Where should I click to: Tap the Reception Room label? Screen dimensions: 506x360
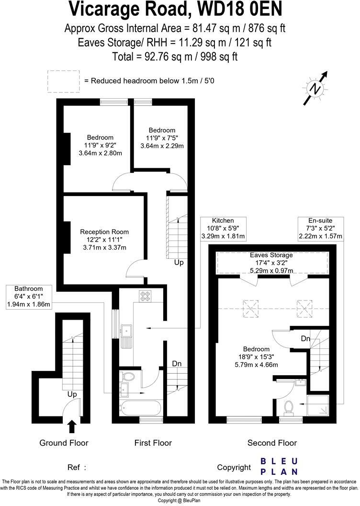tap(104, 232)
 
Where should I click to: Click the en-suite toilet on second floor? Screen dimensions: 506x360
tap(289, 407)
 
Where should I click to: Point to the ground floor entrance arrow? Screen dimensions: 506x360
tap(72, 426)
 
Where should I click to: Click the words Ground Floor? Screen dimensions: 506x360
tap(64, 443)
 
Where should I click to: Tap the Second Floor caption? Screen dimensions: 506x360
tap(272, 443)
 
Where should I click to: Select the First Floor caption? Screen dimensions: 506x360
tap(152, 443)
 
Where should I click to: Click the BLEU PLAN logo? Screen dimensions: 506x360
tap(279, 466)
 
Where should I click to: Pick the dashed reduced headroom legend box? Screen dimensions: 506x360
tap(63, 81)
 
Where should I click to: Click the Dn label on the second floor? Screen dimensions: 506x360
tap(305, 339)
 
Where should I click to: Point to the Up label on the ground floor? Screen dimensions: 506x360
tap(72, 394)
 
